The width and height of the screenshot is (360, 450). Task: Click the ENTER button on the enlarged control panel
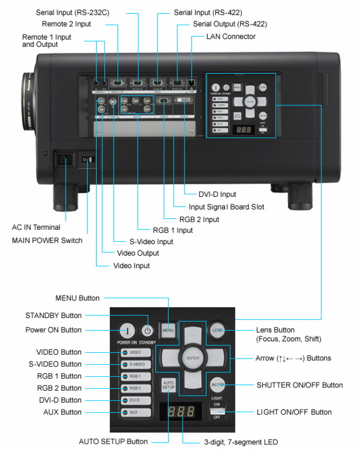pyautogui.click(x=191, y=358)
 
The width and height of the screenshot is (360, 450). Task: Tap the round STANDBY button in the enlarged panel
pyautogui.click(x=147, y=330)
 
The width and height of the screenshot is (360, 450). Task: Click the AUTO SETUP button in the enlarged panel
pyautogui.click(x=168, y=386)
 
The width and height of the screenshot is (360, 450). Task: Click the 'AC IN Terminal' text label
pyautogui.click(x=37, y=227)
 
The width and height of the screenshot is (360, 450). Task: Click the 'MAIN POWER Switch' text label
pyautogui.click(x=46, y=240)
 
